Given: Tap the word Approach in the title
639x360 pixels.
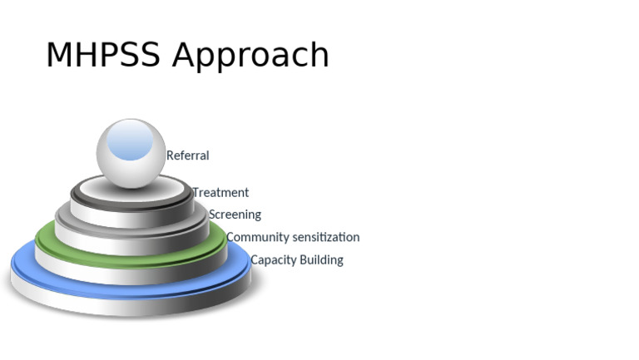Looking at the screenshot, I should point(251,57).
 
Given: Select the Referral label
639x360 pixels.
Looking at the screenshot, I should point(187,155).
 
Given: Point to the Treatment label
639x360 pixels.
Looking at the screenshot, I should point(220,193).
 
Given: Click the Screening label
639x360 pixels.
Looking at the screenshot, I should point(235,215).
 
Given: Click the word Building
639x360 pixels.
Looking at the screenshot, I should point(321,260).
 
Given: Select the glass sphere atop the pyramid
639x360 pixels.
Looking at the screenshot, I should point(131,153).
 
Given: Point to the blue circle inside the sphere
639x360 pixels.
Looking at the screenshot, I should point(131,141).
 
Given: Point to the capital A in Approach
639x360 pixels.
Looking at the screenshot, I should point(185,55).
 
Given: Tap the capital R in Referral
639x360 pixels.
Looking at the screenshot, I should point(171,155).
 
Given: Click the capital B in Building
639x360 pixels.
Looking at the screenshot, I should point(304,260).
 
